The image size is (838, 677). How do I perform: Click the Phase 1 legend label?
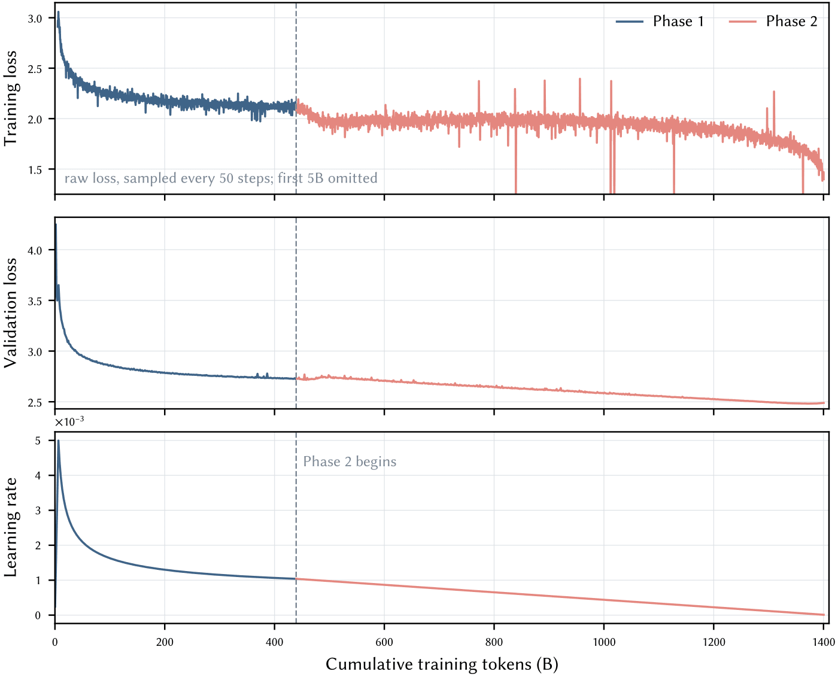(678, 21)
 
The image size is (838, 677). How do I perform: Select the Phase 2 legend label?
(791, 21)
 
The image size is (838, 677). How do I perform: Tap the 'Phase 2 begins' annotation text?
(350, 462)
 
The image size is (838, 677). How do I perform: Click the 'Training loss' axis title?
(10, 98)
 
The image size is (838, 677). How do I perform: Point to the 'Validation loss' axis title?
(10, 313)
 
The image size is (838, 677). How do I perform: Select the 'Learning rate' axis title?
(10, 527)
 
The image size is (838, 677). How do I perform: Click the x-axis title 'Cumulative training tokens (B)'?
(442, 664)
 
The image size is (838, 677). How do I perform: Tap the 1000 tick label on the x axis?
(604, 642)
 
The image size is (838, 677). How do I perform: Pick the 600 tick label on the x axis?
(384, 642)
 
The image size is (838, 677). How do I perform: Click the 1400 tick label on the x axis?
(823, 642)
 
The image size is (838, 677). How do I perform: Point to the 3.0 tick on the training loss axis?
(35, 19)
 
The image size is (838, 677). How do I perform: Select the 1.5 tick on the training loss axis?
(35, 169)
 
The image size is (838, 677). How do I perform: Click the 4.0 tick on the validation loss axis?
(35, 250)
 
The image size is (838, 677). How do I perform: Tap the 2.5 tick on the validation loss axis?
(35, 402)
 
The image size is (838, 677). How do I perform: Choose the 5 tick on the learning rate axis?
(38, 441)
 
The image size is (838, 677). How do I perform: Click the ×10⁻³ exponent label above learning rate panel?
(69, 421)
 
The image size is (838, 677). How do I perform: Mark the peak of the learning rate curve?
(58, 441)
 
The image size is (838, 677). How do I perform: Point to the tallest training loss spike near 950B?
(579, 78)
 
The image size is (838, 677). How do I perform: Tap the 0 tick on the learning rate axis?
(38, 615)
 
